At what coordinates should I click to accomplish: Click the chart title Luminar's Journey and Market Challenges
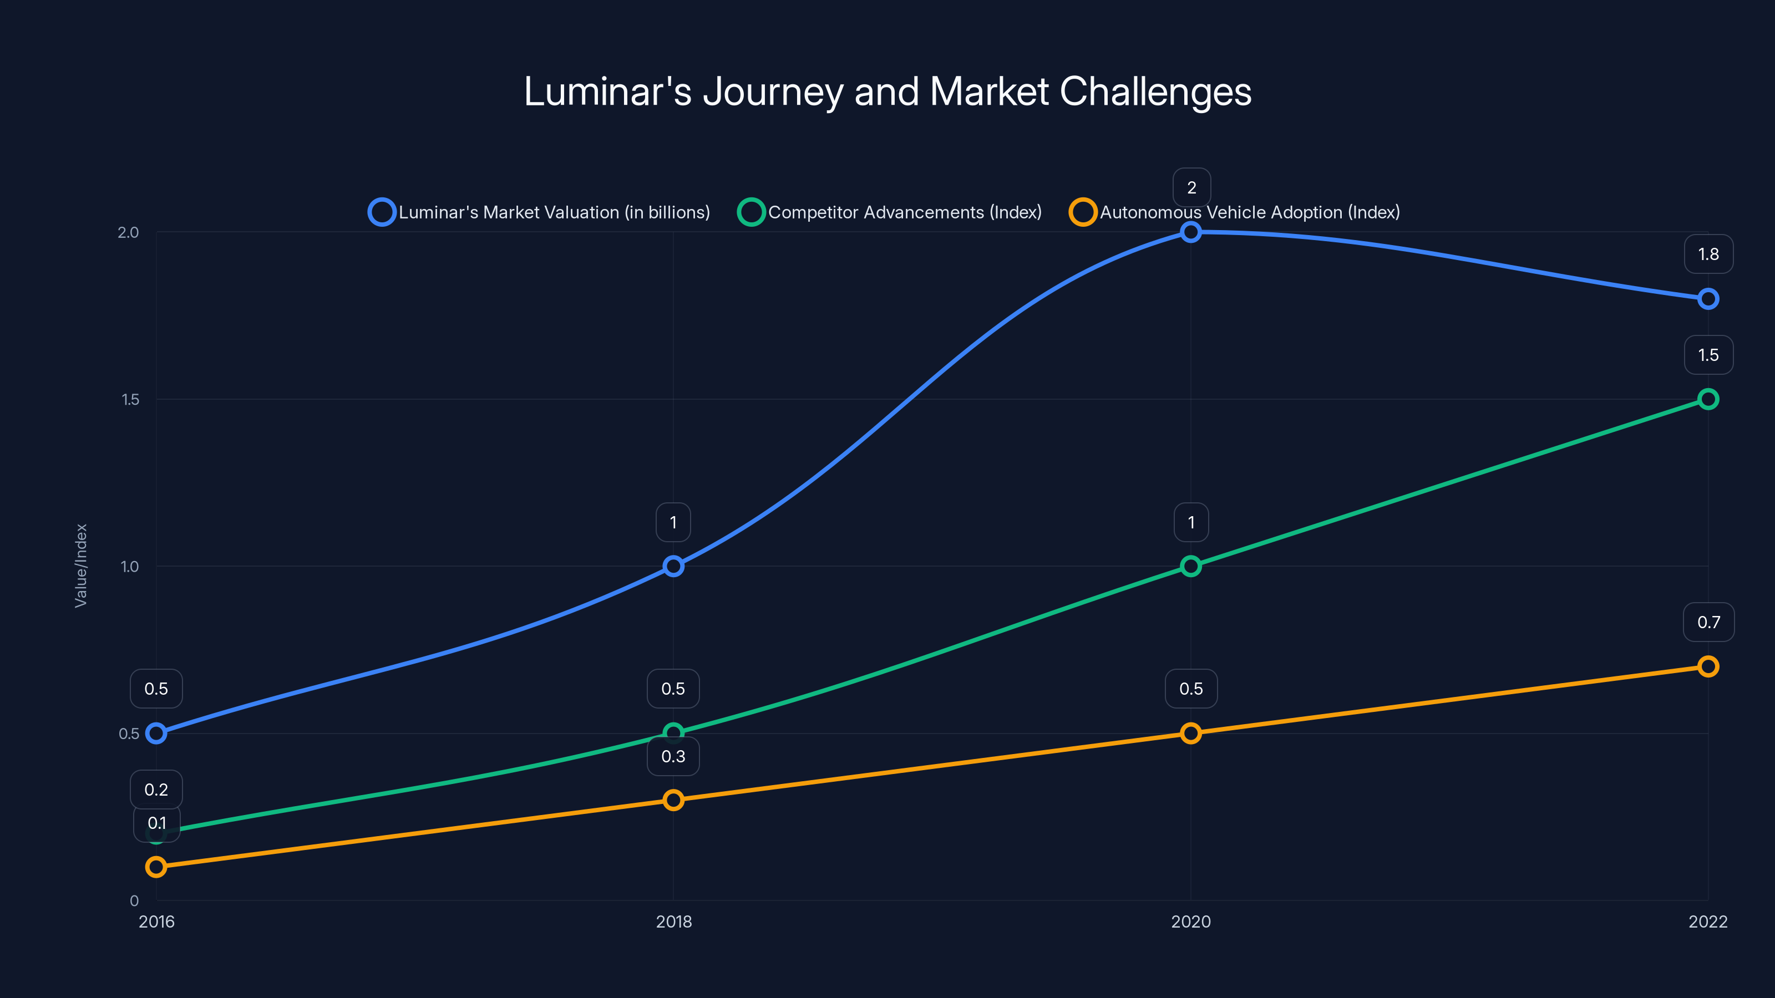[887, 91]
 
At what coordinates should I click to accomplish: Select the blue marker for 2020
[1191, 232]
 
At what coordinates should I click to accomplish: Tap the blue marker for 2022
[1707, 299]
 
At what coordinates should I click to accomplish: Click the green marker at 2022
[1707, 399]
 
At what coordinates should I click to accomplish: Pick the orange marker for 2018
[673, 800]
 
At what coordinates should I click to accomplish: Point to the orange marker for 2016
[156, 867]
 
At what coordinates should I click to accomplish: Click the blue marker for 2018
[673, 566]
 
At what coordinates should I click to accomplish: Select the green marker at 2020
[1191, 566]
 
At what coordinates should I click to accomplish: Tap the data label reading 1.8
[1708, 254]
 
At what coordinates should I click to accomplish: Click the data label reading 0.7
[1708, 622]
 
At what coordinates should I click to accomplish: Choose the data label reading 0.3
[673, 756]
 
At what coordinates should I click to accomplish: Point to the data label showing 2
[1191, 187]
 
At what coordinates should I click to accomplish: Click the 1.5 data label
[1708, 355]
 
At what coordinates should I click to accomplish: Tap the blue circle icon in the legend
[382, 212]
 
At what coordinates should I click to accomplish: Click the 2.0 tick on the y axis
[128, 232]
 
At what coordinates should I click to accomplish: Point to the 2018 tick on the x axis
[673, 921]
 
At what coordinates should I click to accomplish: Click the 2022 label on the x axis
[1707, 921]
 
